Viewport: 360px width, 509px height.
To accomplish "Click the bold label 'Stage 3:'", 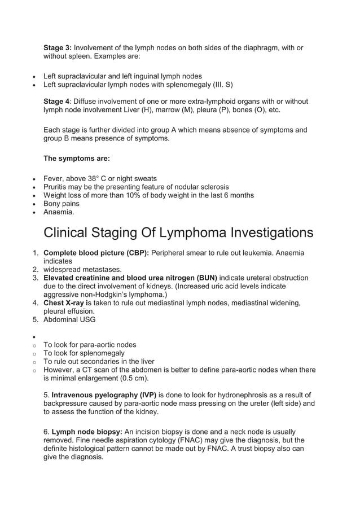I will [x=58, y=47].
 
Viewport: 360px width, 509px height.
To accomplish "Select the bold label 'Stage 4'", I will [x=56, y=102].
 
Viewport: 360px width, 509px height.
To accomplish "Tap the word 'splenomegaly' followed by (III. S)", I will [x=181, y=85].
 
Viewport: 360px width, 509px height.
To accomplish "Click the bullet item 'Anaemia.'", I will [x=59, y=212].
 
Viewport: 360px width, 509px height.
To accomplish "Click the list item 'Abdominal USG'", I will [x=69, y=319].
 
